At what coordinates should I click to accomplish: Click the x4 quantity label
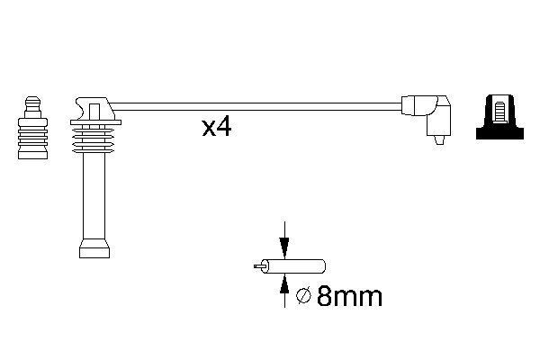(217, 128)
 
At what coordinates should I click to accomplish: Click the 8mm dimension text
(349, 296)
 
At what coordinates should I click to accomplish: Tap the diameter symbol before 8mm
(303, 296)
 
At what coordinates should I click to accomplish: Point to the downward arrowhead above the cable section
(284, 247)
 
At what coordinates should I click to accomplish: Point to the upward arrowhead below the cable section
(284, 284)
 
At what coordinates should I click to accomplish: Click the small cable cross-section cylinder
(293, 266)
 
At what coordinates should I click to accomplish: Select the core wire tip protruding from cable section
(258, 266)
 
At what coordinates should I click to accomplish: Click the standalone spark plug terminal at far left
(32, 128)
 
